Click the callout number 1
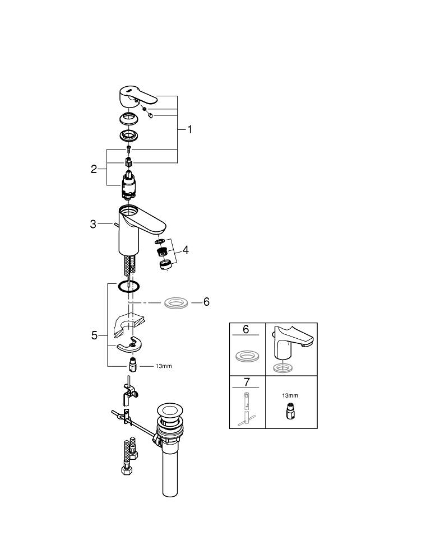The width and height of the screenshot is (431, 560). click(x=190, y=129)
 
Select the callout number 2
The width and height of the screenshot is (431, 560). click(x=94, y=169)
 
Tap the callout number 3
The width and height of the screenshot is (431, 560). click(x=93, y=224)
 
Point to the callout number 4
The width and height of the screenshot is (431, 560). click(x=185, y=250)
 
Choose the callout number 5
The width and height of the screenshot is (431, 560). click(x=94, y=335)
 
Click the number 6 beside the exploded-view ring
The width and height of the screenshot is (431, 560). click(x=206, y=302)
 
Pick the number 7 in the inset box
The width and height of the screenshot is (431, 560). click(x=247, y=382)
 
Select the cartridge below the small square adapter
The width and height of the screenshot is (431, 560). click(x=128, y=186)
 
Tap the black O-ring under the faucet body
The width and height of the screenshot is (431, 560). click(x=129, y=286)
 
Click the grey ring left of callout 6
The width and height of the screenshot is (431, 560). click(x=177, y=303)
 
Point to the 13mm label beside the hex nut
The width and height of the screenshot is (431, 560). click(x=164, y=366)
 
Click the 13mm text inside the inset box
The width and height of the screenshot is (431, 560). click(x=290, y=395)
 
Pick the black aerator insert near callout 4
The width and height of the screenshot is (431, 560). click(x=162, y=252)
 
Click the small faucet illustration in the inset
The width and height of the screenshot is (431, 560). click(x=291, y=348)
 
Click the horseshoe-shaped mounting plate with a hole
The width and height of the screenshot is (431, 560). click(x=129, y=344)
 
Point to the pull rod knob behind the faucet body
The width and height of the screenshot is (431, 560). click(x=115, y=224)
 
